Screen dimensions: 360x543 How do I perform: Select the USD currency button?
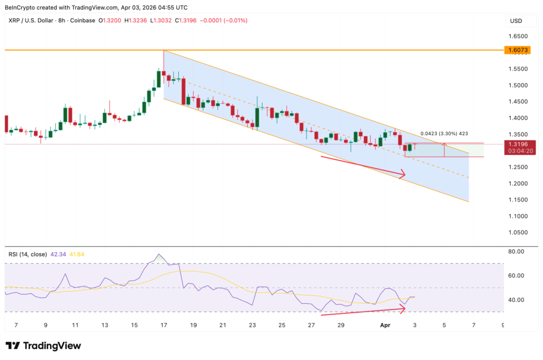[x=515, y=21]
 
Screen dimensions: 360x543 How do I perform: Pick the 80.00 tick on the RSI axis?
[x=516, y=251]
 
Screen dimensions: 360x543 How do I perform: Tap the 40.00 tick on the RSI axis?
[x=516, y=300]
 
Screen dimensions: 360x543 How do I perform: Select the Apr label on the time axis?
[x=386, y=325]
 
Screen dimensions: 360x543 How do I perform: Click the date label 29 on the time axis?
[x=341, y=325]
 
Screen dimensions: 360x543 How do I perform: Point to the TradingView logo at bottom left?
[x=43, y=346]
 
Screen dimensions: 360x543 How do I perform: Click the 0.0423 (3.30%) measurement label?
[x=444, y=134]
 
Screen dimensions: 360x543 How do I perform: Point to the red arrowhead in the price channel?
[x=402, y=173]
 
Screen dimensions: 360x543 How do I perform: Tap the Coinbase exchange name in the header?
[x=82, y=21]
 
